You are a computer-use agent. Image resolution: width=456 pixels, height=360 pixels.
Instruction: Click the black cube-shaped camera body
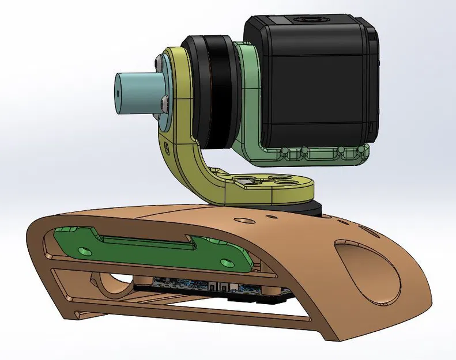coord(314,86)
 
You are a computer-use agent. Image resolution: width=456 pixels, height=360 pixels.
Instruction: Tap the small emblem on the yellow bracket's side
coord(167,147)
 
